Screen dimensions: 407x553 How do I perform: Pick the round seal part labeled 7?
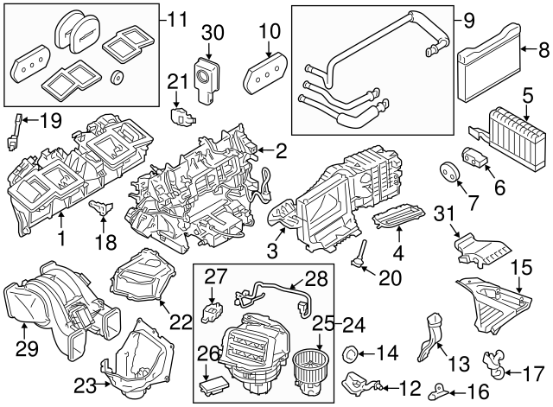click(449, 172)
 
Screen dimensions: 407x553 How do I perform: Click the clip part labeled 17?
click(496, 366)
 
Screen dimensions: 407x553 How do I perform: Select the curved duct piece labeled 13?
click(429, 340)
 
